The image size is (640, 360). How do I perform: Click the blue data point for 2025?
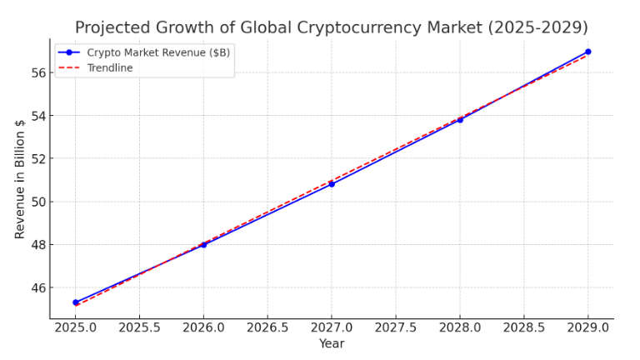pos(76,302)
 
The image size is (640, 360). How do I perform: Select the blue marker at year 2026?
pos(203,245)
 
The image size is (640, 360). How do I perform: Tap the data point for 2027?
pos(332,184)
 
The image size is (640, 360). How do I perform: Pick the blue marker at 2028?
pos(460,120)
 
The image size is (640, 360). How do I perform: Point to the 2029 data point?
pos(587,52)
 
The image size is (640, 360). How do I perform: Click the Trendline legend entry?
pos(110,68)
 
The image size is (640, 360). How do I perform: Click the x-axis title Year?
pos(332,343)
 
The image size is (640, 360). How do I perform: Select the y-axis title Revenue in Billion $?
pos(20,178)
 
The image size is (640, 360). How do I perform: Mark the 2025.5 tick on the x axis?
pos(139,327)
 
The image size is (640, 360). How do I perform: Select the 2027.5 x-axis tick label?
pos(396,327)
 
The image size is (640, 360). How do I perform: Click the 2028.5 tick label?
pos(524,327)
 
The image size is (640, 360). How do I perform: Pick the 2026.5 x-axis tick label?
pos(267,327)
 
